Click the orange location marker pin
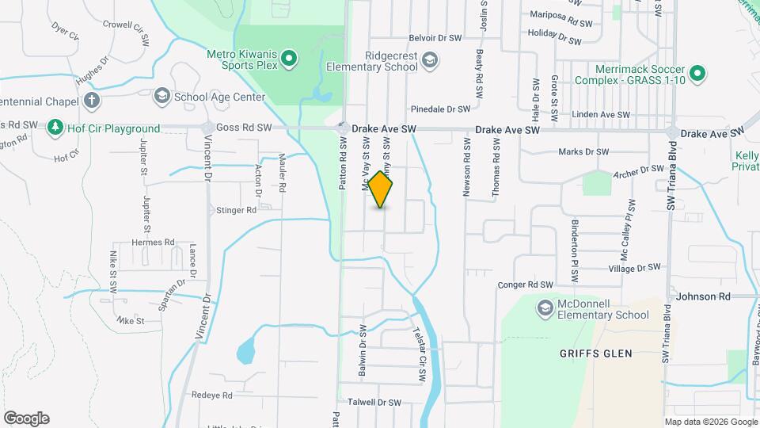tap(381, 189)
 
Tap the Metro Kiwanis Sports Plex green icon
tap(290, 57)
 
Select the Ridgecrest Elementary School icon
tap(430, 59)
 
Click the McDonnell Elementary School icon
tap(545, 308)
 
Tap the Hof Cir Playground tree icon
tap(55, 127)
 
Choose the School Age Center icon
tap(162, 96)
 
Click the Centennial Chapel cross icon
tap(93, 101)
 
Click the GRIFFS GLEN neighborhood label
tap(595, 353)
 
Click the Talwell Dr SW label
tap(375, 402)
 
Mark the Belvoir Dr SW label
tap(435, 38)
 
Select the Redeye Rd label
tap(211, 395)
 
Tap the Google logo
tap(26, 418)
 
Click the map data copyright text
tap(710, 422)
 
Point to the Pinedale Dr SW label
tap(441, 109)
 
